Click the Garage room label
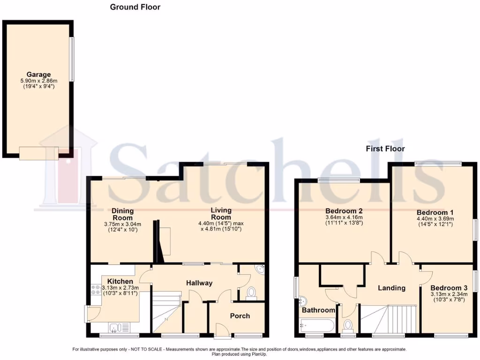[x=38, y=75]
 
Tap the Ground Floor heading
[x=135, y=7]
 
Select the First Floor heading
[x=385, y=149]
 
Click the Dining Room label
[x=122, y=214]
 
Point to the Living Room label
[x=221, y=214]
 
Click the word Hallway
[x=199, y=283]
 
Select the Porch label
[x=240, y=315]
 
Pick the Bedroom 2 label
[x=344, y=211]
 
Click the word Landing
[x=391, y=288]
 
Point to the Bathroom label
[x=318, y=310]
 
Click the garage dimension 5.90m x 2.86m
[x=38, y=81]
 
